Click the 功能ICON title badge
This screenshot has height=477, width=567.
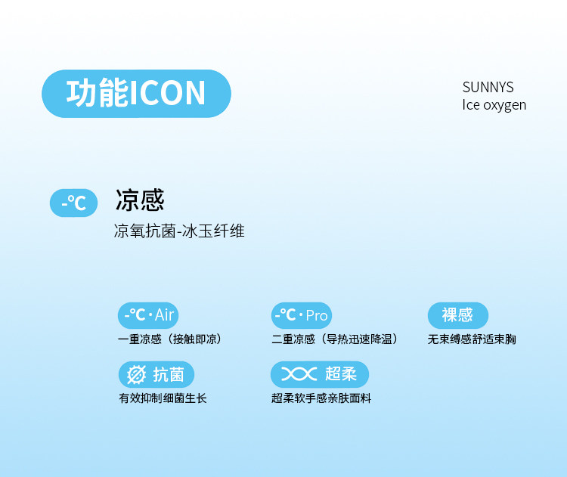coord(136,94)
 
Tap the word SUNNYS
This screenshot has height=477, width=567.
coord(488,87)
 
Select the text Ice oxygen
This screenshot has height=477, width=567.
coord(494,105)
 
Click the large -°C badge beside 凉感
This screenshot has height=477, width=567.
coord(74,203)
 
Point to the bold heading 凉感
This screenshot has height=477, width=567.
coord(140,200)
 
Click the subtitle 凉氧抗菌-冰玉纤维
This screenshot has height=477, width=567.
coord(179,231)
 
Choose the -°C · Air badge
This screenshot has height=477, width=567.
coord(148,315)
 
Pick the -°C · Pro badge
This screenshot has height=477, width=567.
coord(302,315)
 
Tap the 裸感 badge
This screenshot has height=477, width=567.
coord(458,315)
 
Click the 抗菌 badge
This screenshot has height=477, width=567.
coord(156,374)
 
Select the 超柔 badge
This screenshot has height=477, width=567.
coord(320,374)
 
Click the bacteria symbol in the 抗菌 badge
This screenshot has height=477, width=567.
coord(136,374)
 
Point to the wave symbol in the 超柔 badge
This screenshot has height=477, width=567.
coord(299,374)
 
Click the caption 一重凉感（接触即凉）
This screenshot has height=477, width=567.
coord(169,339)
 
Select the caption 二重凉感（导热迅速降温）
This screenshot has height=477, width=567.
coord(334,339)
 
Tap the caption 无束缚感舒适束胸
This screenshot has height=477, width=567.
coord(472,339)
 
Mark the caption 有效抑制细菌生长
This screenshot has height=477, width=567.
coord(163,398)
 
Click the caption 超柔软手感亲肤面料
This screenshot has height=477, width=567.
coord(321,398)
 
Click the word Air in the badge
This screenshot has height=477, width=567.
coord(165,315)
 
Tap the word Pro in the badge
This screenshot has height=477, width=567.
coord(317,316)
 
